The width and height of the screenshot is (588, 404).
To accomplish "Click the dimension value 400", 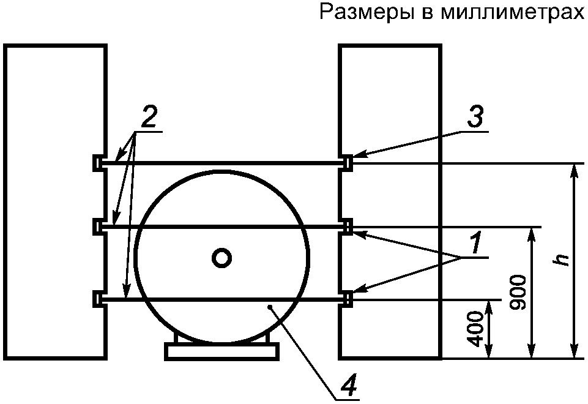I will tap(478, 330).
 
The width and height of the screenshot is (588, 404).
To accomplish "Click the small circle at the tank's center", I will tap(221, 258).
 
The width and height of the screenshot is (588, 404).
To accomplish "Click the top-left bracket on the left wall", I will tap(98, 163).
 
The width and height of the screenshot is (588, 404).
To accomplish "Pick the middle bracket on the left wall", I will tap(98, 226).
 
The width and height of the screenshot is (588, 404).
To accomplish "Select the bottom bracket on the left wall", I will tap(98, 299).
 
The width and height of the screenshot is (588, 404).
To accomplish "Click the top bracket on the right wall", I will tap(348, 163).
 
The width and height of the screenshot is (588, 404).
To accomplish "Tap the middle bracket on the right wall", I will tap(348, 226).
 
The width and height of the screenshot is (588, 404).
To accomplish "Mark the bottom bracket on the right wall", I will tap(348, 299).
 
